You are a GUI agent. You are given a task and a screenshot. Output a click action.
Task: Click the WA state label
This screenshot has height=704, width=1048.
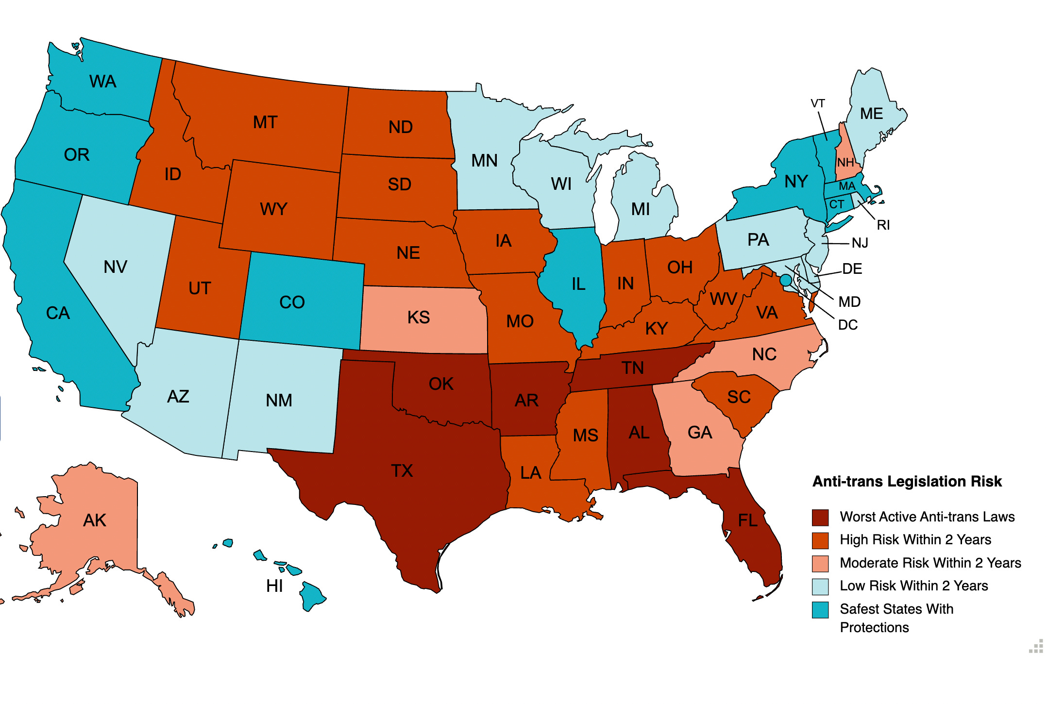click(x=102, y=82)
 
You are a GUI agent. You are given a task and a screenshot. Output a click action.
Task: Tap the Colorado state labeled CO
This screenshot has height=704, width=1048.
click(x=292, y=302)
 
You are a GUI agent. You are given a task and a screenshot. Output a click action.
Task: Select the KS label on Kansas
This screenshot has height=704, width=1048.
click(x=418, y=318)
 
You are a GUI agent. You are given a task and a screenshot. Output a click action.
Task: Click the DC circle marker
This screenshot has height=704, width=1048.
click(x=785, y=280)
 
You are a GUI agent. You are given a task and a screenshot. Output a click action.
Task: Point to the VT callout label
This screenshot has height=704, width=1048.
click(x=817, y=103)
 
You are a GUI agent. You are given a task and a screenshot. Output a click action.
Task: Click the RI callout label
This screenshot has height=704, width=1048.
click(x=883, y=225)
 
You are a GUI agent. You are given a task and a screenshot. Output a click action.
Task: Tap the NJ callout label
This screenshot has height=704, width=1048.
click(x=860, y=243)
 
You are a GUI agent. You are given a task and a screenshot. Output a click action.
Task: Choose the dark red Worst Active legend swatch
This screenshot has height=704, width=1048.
click(x=820, y=518)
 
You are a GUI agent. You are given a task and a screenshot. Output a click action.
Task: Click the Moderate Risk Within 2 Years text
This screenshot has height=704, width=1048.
click(x=930, y=563)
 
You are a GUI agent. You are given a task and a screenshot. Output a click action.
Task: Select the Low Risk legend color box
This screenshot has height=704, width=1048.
click(x=820, y=587)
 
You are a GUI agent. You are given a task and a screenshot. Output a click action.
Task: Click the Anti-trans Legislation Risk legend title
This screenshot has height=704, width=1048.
click(x=907, y=482)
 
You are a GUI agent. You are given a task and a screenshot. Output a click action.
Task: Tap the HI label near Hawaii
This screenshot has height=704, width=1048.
click(x=274, y=587)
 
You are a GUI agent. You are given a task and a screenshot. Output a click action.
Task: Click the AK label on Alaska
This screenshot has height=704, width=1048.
click(x=95, y=520)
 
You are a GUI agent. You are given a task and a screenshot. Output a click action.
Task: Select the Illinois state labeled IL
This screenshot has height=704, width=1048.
click(x=578, y=284)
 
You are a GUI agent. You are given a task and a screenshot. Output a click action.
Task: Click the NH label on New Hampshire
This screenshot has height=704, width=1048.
click(x=845, y=163)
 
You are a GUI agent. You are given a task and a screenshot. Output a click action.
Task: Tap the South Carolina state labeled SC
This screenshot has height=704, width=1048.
click(x=739, y=397)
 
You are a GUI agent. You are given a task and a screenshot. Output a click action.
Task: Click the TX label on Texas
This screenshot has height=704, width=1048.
click(x=402, y=471)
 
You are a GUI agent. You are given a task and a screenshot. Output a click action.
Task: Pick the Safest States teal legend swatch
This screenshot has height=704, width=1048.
click(x=820, y=610)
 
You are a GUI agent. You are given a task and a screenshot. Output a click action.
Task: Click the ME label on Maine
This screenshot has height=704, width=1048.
click(x=871, y=114)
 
